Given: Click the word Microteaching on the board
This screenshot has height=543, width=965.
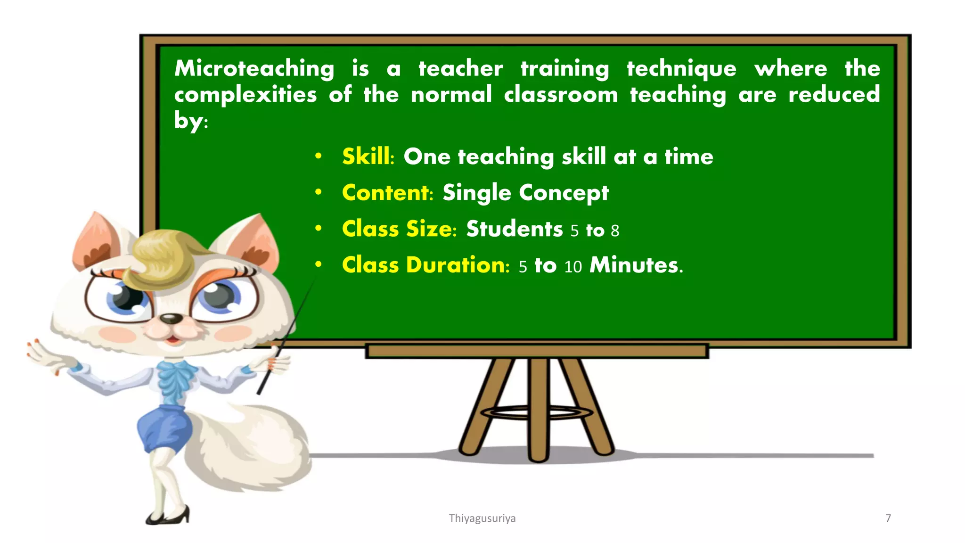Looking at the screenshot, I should pos(254,69).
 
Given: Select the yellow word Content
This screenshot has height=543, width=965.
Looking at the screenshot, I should pos(385,193).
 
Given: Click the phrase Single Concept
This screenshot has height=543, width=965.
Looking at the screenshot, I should pos(525,193).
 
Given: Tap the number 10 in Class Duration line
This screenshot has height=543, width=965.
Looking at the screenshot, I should pos(573,267).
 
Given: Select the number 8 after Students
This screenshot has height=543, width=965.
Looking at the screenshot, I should pos(615,231).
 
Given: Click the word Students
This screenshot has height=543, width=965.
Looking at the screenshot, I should pos(514,229).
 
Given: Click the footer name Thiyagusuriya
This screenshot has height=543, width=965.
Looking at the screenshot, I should pos(482,518).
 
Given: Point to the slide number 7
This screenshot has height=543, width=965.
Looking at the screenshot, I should pos(888,518).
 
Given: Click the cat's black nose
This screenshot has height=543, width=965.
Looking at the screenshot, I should pos(171,319).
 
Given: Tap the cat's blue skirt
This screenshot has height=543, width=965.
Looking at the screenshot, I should pos(163,427).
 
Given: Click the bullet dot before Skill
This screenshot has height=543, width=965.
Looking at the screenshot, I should pos(319,156).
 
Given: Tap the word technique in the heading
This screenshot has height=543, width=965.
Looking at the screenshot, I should pos(681,69).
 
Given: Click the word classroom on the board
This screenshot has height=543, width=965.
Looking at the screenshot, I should pos(561,95).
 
